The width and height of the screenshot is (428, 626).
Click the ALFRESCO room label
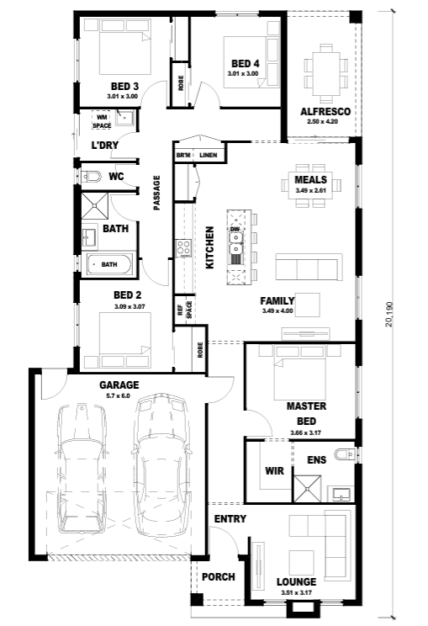(x=325, y=112)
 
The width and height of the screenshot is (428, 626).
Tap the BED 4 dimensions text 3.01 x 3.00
(x=243, y=73)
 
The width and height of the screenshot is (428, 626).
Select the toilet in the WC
(x=91, y=176)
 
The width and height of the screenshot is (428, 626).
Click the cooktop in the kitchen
(x=183, y=248)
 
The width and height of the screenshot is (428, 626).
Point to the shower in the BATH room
(x=95, y=205)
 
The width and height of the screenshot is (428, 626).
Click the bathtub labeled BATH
(x=109, y=264)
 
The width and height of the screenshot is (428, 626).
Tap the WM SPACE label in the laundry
(x=102, y=121)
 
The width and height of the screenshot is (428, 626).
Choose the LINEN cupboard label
(x=209, y=155)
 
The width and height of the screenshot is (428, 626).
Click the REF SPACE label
(x=185, y=310)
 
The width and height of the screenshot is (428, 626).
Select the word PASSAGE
(x=156, y=193)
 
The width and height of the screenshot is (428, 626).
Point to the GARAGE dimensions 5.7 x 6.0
(x=119, y=396)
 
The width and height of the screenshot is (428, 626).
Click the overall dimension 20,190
(x=389, y=314)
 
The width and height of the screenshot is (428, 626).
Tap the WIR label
(x=274, y=471)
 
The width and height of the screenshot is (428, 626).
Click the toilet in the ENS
(x=345, y=454)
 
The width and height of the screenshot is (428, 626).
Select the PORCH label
(x=218, y=577)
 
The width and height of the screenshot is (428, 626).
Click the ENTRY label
(x=230, y=519)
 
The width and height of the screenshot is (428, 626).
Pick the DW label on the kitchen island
(x=235, y=229)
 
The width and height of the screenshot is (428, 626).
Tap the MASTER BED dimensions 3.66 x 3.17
(x=306, y=432)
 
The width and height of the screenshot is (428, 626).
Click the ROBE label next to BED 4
(x=181, y=83)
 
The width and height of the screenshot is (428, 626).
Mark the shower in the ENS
(x=307, y=489)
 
